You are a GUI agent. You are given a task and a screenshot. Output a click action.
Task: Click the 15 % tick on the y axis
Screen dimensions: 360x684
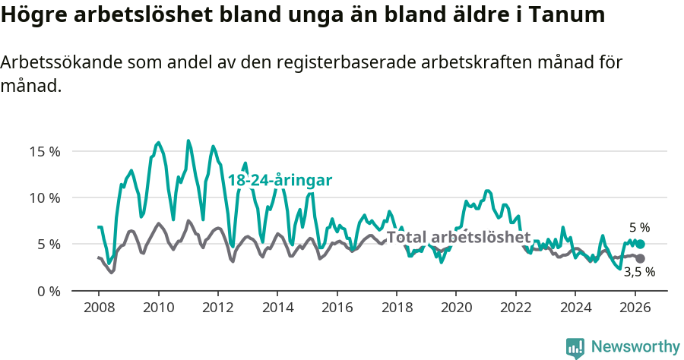44,151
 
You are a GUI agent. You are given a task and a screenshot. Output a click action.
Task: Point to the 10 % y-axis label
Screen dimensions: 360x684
44,197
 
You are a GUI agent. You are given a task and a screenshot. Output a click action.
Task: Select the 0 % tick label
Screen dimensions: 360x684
47,291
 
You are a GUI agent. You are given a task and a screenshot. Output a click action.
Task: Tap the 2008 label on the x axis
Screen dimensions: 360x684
99,308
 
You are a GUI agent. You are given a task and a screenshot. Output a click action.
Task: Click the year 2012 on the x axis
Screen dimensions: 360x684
217,308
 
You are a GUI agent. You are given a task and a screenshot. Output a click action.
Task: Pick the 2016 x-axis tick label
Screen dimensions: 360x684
337,308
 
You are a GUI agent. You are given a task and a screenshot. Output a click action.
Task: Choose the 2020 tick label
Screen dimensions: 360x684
455,308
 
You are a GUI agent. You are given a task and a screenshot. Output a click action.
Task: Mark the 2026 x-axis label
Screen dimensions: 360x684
634,308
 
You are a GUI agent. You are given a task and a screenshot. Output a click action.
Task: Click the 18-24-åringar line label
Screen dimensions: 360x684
280,181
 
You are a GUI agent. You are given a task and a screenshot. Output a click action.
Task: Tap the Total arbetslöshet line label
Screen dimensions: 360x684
458,237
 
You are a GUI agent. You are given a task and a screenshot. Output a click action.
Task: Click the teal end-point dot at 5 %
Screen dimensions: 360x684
641,244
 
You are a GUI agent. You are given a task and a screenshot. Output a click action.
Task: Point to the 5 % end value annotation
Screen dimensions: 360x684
640,227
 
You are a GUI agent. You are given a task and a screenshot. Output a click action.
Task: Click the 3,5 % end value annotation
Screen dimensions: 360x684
640,271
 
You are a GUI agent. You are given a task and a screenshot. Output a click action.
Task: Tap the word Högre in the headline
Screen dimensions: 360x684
33,14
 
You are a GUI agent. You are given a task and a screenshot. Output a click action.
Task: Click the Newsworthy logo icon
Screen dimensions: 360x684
575,348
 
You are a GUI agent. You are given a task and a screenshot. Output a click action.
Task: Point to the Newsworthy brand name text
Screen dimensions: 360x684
635,347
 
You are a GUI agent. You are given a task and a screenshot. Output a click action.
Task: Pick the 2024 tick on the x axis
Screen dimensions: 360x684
575,308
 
